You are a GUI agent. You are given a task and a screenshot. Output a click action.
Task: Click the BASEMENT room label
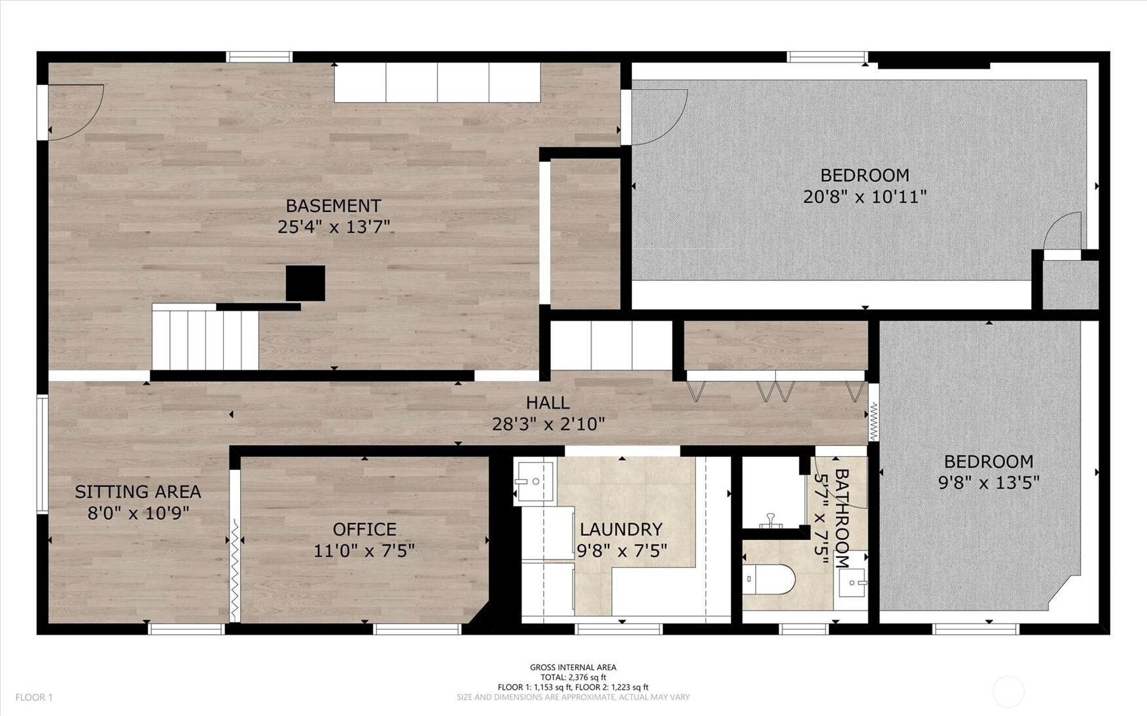point(333,206)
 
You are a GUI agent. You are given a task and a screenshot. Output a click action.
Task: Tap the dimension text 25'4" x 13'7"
point(334,227)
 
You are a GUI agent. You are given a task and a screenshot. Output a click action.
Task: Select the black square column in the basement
point(306,283)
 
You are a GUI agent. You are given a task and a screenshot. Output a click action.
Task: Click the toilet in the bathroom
point(769,579)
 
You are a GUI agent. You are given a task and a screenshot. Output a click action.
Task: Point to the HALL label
point(548,403)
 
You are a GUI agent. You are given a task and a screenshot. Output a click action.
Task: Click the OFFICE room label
point(364,529)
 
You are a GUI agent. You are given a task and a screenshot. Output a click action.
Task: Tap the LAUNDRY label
point(621,529)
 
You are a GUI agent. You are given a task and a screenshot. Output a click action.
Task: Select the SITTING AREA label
point(138,492)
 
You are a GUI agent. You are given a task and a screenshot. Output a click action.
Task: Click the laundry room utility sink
point(535,482)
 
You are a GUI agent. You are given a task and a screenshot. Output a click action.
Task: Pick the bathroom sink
point(852,581)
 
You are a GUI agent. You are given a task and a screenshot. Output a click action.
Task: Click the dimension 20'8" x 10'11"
point(865,196)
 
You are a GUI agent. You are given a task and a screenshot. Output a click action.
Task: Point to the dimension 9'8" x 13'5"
point(989,483)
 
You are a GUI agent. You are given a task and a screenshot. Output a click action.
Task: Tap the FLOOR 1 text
point(34,698)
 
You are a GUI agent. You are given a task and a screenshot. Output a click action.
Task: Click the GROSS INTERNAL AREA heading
point(573,668)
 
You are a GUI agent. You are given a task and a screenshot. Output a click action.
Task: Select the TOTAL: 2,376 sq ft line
point(573,677)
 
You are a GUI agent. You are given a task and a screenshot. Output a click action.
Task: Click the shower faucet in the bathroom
point(771,521)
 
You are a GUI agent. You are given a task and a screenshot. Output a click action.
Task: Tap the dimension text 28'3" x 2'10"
point(548,424)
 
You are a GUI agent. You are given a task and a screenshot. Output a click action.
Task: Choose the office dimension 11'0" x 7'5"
point(364,551)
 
